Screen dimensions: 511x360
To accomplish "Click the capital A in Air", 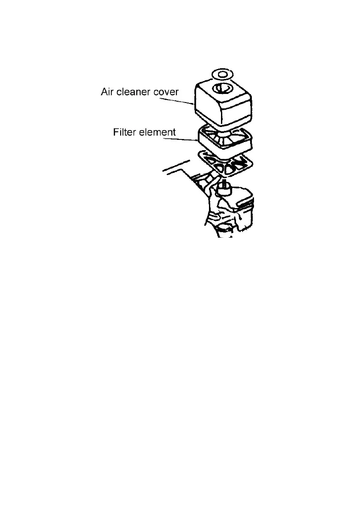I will click(104, 92).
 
